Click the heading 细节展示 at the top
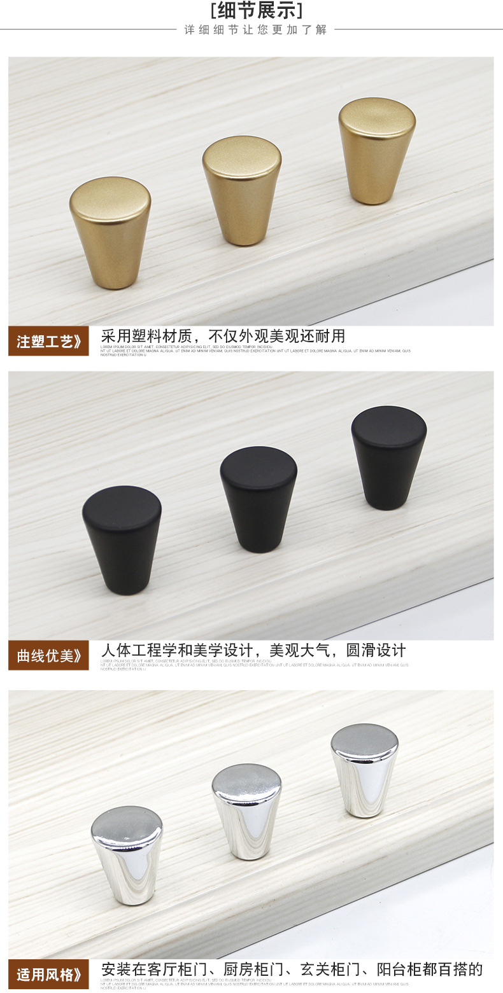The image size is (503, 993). point(257,11)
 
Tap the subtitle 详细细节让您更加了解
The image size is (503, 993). point(255,30)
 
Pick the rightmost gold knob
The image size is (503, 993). point(377,151)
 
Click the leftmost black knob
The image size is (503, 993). point(122,541)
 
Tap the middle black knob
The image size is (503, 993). point(259,499)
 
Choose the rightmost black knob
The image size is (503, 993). point(388,458)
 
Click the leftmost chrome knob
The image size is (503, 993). point(127,856)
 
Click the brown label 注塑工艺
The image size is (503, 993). point(49,342)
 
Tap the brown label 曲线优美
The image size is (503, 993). point(49,655)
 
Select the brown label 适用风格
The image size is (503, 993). point(49,974)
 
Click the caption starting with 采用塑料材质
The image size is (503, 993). point(223,337)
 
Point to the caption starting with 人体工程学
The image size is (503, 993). point(253,651)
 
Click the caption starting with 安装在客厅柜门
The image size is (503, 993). point(292,969)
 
